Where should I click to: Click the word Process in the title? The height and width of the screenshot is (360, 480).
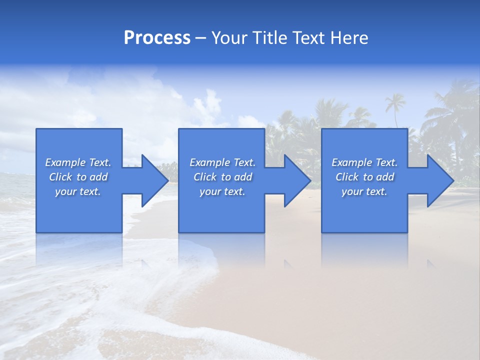click(x=157, y=38)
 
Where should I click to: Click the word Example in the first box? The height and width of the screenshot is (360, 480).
click(x=65, y=162)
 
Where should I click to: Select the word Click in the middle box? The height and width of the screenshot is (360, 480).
click(x=204, y=177)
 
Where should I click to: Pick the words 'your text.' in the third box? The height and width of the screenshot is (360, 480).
click(x=364, y=191)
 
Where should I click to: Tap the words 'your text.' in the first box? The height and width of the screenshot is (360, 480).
click(x=78, y=191)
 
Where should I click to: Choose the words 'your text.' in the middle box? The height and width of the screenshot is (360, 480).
click(x=222, y=191)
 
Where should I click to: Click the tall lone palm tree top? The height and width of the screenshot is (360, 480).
click(x=395, y=101)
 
